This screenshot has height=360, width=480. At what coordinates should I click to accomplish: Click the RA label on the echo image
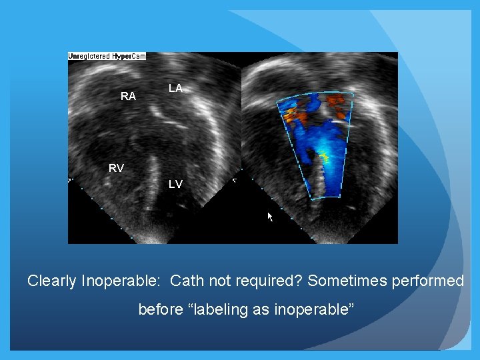128,97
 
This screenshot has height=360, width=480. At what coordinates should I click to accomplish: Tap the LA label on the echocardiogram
175,88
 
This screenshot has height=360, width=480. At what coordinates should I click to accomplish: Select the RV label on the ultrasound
116,168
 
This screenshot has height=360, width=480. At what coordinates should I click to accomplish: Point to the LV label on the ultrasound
175,184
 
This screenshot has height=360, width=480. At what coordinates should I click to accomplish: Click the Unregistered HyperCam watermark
107,56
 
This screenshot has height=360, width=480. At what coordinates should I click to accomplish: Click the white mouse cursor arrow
271,217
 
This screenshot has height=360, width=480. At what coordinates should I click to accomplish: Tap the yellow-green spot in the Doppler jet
325,157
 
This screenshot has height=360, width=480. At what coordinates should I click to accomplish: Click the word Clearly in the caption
51,281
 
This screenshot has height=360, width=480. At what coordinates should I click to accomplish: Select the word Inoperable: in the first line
121,281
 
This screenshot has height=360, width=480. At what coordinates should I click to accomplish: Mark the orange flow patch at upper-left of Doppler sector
293,117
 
